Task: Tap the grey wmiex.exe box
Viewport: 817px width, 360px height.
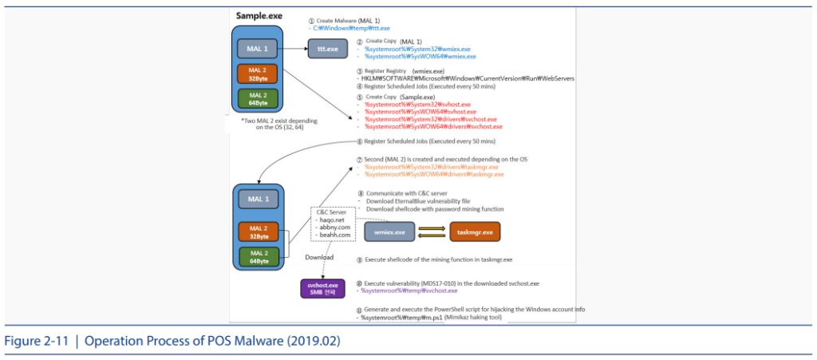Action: (x=390, y=232)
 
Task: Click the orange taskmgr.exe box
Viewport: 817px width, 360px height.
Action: (x=476, y=232)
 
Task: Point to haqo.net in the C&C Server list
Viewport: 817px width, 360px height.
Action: (x=331, y=220)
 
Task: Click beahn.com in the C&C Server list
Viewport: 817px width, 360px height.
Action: (x=334, y=235)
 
